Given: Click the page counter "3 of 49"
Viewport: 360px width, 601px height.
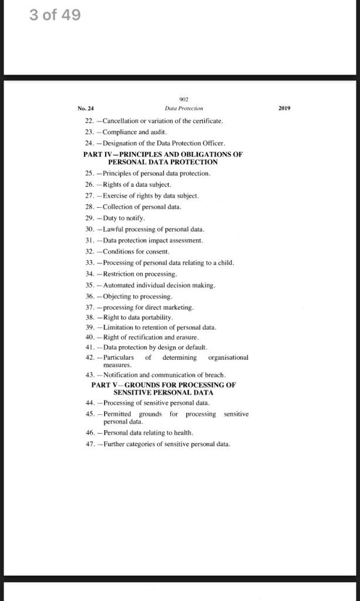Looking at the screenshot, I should click(x=55, y=15).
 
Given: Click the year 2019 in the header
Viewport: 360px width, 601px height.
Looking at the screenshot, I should click(x=284, y=108).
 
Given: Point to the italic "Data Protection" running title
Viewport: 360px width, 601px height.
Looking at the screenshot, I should click(x=184, y=108).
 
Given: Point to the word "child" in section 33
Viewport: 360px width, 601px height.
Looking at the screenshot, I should click(x=224, y=263).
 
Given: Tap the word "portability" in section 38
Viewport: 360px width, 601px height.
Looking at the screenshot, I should click(x=154, y=318).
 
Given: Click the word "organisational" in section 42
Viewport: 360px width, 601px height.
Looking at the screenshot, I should click(x=228, y=357).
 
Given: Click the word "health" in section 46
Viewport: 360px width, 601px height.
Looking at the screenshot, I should click(x=183, y=433).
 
